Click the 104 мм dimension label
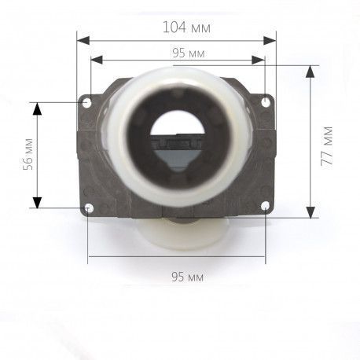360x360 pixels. coord(186,28)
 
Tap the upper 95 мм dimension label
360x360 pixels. coord(189,53)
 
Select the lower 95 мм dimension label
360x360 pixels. coord(187,277)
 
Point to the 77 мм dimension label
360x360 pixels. coord(327,145)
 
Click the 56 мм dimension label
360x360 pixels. coord(28,154)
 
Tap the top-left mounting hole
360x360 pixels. coord(86,102)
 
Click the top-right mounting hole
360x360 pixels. coord(266,102)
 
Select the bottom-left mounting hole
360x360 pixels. coord(89,208)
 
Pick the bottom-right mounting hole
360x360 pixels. coord(265,206)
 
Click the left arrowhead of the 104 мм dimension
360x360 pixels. coord(83,41)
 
